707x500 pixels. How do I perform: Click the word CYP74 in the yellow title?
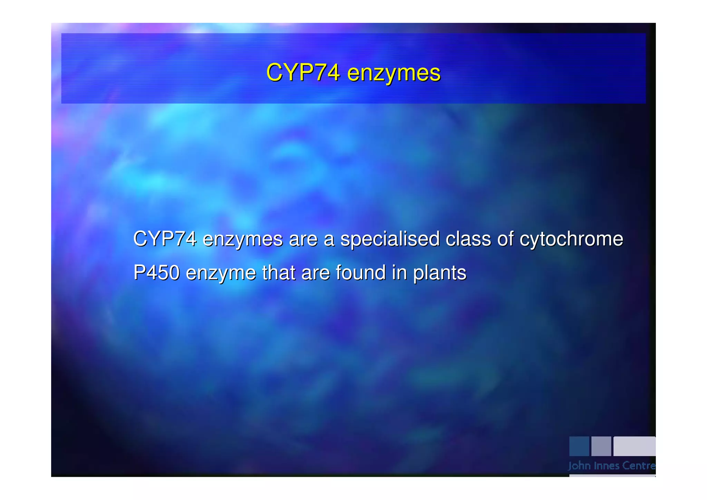click(303, 73)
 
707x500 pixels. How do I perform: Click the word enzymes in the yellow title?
click(394, 73)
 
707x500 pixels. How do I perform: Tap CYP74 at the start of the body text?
click(165, 239)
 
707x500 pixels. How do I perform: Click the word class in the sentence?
click(468, 239)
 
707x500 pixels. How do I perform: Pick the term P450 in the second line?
click(156, 272)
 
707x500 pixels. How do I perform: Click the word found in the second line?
click(360, 272)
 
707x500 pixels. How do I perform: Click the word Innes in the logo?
click(607, 466)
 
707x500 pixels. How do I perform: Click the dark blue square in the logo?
click(579, 446)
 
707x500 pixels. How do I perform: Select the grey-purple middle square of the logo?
click(601, 446)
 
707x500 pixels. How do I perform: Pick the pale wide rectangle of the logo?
click(634, 446)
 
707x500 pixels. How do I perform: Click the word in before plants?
click(399, 272)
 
